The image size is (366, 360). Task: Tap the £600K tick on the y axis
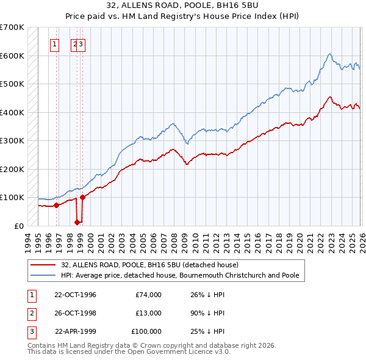[12, 56]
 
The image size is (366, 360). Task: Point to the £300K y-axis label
[12, 140]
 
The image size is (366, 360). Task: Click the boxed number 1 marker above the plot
[55, 44]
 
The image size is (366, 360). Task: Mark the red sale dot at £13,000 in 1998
[77, 222]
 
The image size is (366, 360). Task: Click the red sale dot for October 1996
[57, 205]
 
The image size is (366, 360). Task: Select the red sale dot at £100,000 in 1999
[82, 197]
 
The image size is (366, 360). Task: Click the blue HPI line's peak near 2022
[329, 54]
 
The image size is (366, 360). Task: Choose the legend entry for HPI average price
[180, 275]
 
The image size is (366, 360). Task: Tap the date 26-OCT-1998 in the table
[76, 313]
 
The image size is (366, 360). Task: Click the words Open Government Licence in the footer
[175, 352]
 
